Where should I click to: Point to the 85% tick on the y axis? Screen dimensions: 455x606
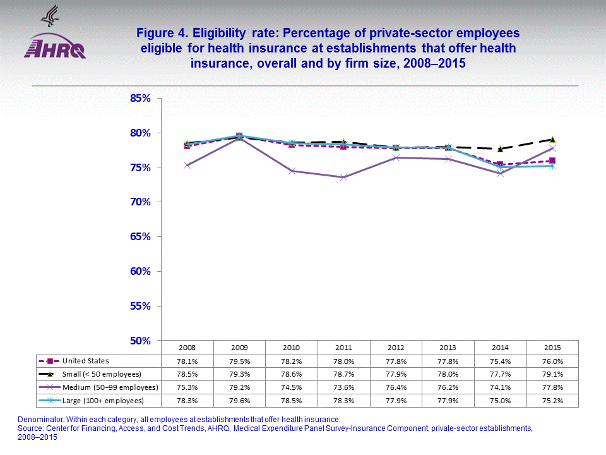(140, 99)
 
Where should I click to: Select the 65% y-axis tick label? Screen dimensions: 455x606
(140, 237)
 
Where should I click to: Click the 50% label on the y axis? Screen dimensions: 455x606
(140, 341)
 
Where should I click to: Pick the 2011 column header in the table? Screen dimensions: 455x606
(343, 348)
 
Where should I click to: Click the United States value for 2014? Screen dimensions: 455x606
(499, 361)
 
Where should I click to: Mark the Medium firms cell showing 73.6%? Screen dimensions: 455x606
(343, 387)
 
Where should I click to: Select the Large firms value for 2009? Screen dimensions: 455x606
(239, 401)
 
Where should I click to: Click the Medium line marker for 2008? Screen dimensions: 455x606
(187, 166)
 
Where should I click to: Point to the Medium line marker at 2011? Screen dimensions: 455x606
(343, 178)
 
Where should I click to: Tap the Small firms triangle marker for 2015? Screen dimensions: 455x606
(552, 139)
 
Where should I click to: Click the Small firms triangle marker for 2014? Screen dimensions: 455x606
(499, 149)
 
